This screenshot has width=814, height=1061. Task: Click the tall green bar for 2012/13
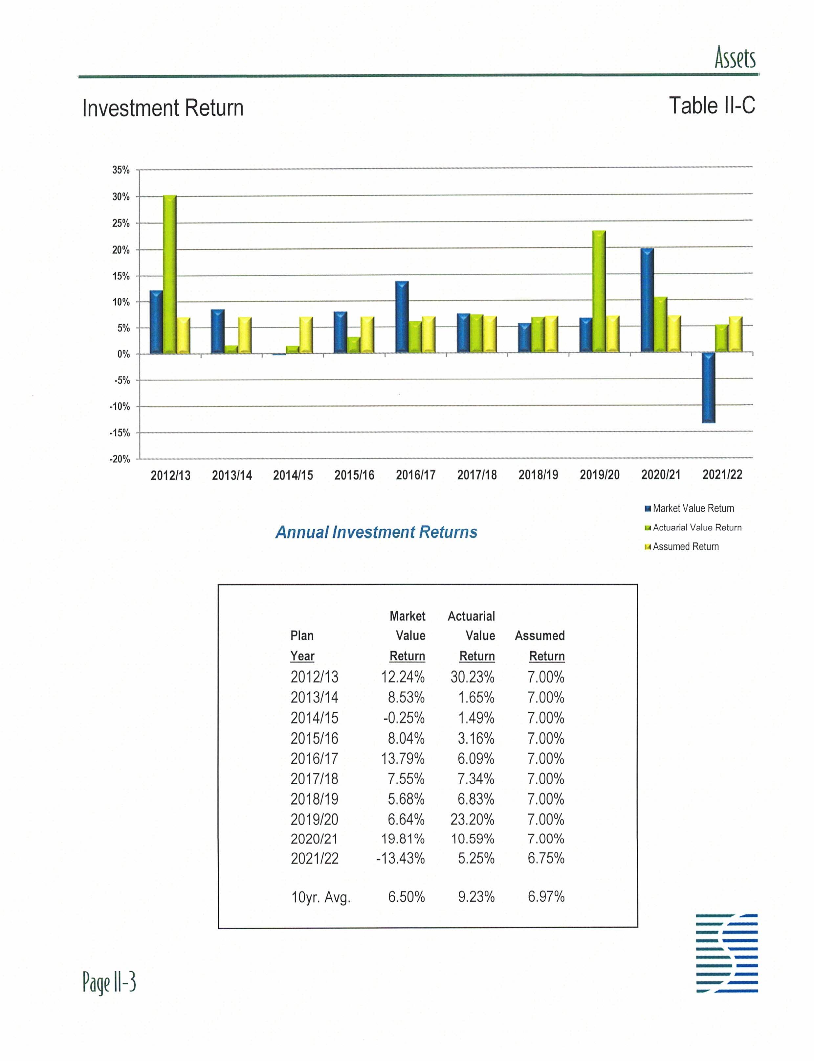(x=169, y=274)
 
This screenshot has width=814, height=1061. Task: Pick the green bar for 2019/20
(x=599, y=291)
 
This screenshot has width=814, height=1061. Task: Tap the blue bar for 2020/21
(x=647, y=300)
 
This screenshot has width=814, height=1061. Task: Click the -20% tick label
(x=120, y=459)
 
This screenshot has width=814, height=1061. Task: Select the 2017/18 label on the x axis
(x=477, y=475)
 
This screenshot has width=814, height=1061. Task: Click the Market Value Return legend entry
(x=693, y=508)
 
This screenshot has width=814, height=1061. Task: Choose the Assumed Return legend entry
(x=685, y=546)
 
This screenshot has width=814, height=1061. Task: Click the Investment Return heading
(x=163, y=108)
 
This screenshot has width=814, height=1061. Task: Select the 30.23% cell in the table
(x=473, y=677)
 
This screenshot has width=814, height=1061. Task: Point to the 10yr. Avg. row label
(x=320, y=898)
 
